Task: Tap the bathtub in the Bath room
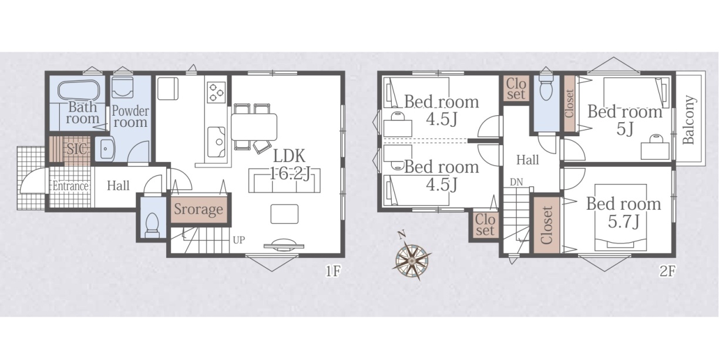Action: pyautogui.click(x=79, y=91)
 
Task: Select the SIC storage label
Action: pyautogui.click(x=77, y=149)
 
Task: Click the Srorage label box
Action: pyautogui.click(x=199, y=209)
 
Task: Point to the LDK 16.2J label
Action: pyautogui.click(x=290, y=165)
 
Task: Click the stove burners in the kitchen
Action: pyautogui.click(x=216, y=92)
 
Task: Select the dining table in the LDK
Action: pyautogui.click(x=254, y=127)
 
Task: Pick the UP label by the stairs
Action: pyautogui.click(x=239, y=240)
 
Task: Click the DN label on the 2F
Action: pyautogui.click(x=516, y=182)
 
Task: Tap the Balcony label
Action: pyautogui.click(x=689, y=120)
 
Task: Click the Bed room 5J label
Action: pyautogui.click(x=624, y=120)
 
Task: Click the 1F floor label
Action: pyautogui.click(x=333, y=271)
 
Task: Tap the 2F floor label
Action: pyautogui.click(x=668, y=272)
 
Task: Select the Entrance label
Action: pyautogui.click(x=70, y=186)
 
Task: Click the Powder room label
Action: pyautogui.click(x=130, y=116)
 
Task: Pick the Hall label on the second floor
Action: pyautogui.click(x=528, y=160)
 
